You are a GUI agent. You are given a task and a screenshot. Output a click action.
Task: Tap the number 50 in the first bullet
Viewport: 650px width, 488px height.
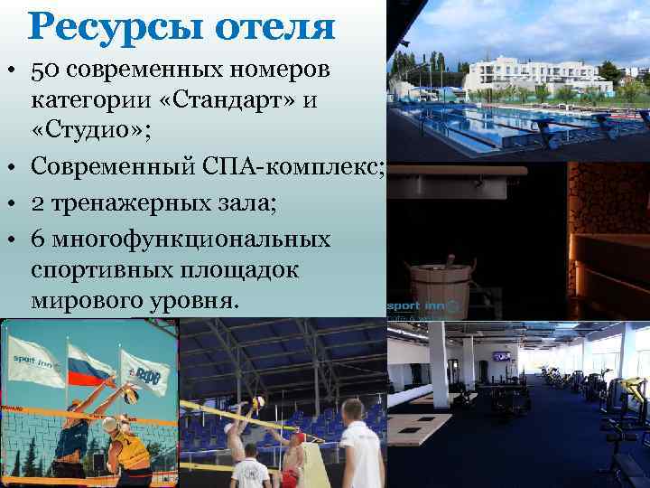point(44,70)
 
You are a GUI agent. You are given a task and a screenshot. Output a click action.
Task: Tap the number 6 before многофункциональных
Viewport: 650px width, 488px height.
point(37,241)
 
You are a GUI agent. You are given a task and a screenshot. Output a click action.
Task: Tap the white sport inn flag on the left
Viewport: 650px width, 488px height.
point(33,362)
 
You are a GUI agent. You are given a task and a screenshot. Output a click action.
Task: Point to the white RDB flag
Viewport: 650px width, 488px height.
point(144,371)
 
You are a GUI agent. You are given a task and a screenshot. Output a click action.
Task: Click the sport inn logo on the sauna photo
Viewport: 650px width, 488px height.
point(424,307)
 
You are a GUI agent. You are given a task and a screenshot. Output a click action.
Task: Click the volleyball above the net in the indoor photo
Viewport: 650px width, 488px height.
point(259,401)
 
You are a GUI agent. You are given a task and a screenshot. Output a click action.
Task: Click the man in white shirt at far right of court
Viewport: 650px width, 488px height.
point(361,451)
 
